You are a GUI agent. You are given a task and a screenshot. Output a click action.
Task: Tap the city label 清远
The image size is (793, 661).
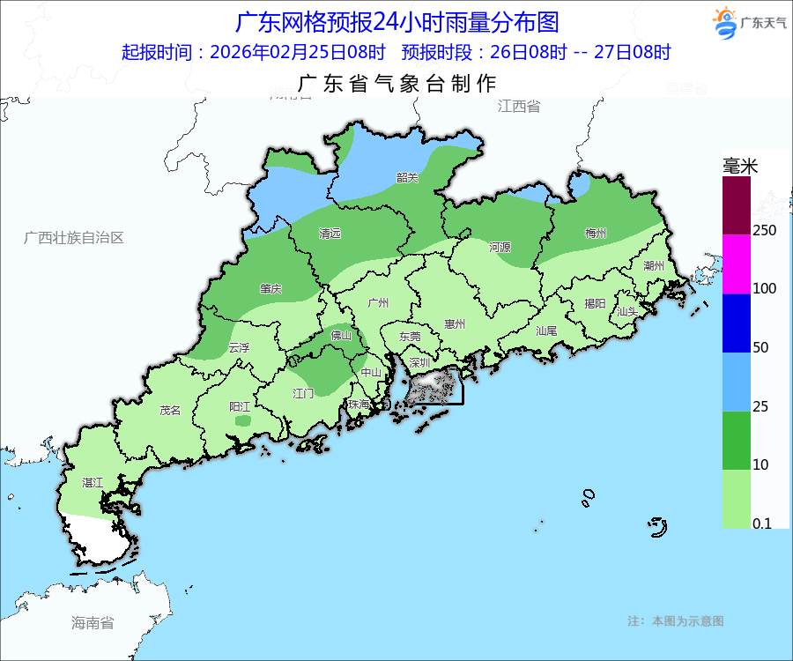coord(330,234)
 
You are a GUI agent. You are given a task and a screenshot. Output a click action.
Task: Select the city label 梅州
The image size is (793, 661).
coord(596,234)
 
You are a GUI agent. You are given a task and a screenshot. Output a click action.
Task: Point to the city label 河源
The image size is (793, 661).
coord(500,248)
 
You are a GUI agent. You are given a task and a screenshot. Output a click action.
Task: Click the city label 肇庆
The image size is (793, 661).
coord(271,289)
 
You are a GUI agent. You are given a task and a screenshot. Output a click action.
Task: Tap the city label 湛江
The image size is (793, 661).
coord(93,483)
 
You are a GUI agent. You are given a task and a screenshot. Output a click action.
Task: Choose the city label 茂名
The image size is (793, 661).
coord(170,410)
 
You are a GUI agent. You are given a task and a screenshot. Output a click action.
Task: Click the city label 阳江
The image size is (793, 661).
coord(240,406)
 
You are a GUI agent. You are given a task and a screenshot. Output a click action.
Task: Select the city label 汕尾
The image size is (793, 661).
coord(546,331)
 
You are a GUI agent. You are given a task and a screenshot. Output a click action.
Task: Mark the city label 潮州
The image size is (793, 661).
coord(653,265)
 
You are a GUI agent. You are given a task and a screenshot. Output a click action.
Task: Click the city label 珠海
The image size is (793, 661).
coord(359,405)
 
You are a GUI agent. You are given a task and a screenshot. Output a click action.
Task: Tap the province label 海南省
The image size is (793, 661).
coord(93,623)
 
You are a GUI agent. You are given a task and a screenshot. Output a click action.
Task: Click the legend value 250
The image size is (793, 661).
coord(764,230)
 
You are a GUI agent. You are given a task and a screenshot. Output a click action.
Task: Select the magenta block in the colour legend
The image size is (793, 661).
coord(737,264)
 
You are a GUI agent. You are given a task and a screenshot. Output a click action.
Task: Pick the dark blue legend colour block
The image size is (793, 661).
coord(737,323)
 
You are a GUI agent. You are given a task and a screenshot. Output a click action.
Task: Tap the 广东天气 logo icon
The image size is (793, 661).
coord(723,23)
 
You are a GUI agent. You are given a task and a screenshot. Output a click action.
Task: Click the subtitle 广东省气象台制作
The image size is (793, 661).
coord(397,84)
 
